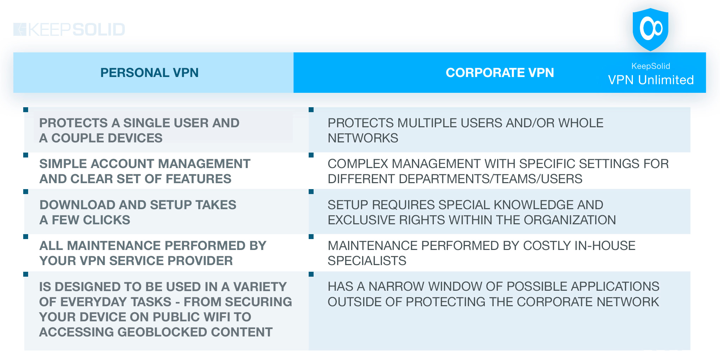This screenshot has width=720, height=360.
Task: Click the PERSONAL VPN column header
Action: (x=149, y=73)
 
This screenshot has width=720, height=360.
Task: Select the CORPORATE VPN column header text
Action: (x=500, y=73)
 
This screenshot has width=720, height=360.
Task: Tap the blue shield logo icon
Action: (x=650, y=30)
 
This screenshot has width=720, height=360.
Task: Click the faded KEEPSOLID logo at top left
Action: (x=69, y=30)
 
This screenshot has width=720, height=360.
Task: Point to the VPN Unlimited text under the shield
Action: (x=651, y=80)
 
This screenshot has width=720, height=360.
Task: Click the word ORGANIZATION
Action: (x=570, y=220)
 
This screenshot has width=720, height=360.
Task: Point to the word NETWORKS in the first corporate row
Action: (x=363, y=138)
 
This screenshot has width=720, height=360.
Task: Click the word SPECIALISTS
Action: (x=367, y=261)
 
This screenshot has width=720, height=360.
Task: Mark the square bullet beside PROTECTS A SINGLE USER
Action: (x=26, y=110)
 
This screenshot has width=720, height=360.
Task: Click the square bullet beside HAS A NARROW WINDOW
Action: (x=311, y=274)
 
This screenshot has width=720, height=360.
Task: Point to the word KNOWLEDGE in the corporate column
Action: (x=504, y=205)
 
